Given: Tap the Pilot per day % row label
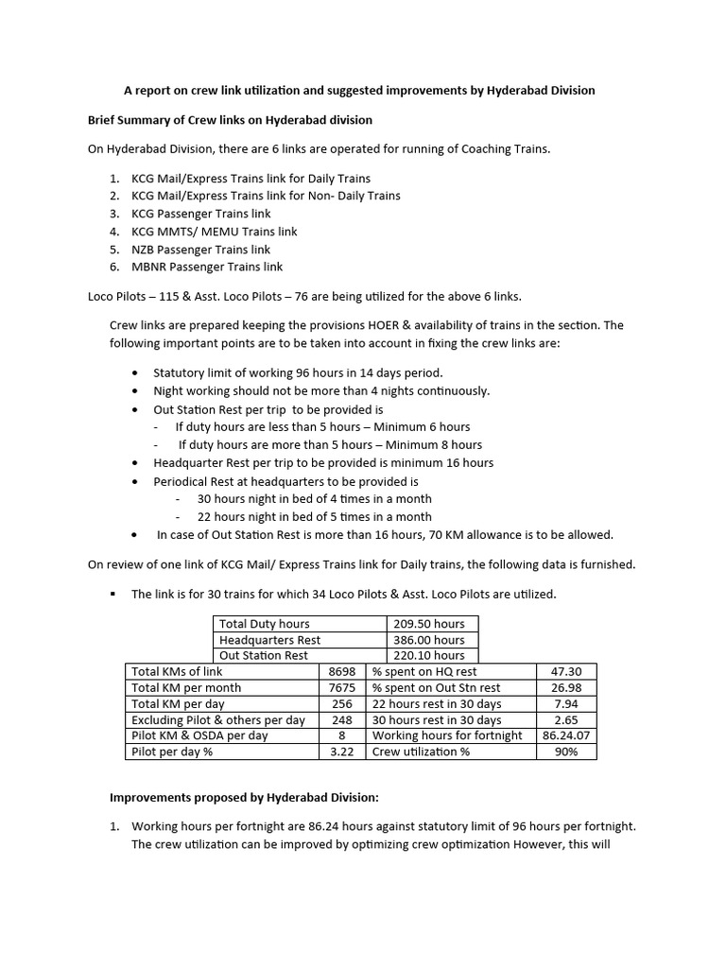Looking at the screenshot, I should pos(177,752).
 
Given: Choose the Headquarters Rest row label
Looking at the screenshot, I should pos(269,640).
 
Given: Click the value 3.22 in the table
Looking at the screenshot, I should pos(341,752).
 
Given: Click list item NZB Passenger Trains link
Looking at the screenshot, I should pos(200,250).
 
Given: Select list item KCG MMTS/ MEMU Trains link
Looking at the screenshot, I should pos(214,232).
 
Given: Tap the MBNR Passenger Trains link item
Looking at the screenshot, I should pos(207,268).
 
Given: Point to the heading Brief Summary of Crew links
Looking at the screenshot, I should pos(230,120).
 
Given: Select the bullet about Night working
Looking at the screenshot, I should pos(321,390).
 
